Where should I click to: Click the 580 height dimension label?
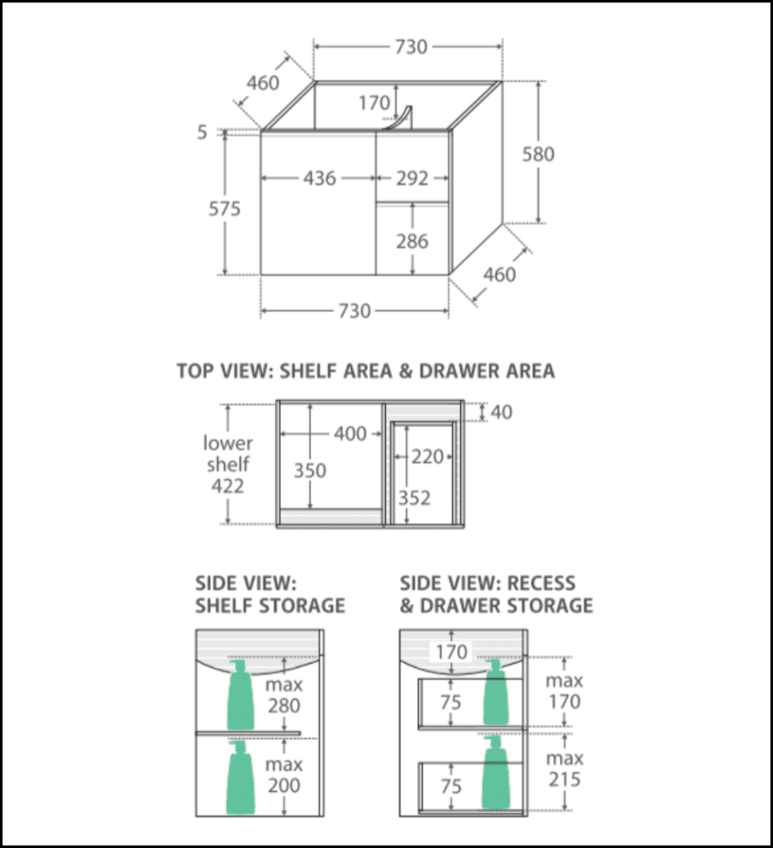click(x=538, y=154)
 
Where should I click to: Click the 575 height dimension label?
click(x=225, y=209)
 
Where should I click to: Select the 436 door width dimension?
click(x=320, y=179)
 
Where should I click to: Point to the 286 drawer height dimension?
click(x=412, y=242)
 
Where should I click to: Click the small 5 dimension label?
click(x=202, y=132)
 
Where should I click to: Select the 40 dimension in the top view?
click(x=501, y=412)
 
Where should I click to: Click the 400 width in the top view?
click(x=349, y=434)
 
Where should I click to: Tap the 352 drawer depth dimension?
click(x=414, y=498)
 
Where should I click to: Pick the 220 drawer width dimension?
click(x=428, y=457)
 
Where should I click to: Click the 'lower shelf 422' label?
click(x=227, y=465)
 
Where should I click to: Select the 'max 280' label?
click(x=283, y=695)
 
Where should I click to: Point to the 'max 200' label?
click(x=283, y=775)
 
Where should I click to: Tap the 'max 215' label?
click(x=564, y=768)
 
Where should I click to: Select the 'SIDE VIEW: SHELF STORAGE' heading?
click(x=270, y=594)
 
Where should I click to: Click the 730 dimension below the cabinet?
click(x=354, y=311)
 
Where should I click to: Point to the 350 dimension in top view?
click(x=309, y=469)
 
